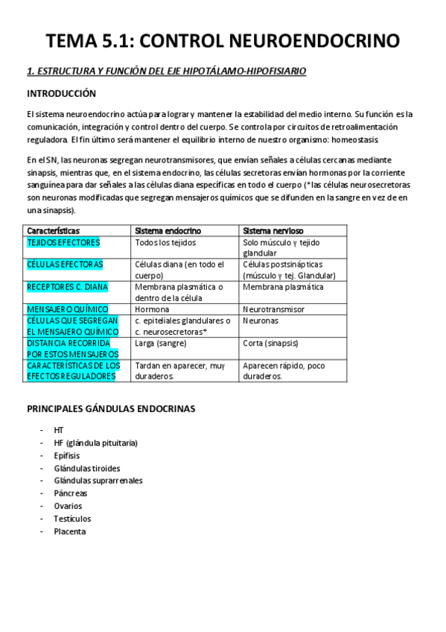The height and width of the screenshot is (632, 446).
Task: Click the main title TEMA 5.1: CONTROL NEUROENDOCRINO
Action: [x=223, y=40]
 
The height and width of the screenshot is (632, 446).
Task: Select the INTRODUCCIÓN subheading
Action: [x=62, y=94]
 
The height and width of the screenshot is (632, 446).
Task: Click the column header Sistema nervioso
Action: [x=273, y=231]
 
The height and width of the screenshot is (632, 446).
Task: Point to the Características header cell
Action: [x=54, y=231]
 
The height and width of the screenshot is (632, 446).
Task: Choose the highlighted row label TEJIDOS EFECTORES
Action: [x=63, y=243]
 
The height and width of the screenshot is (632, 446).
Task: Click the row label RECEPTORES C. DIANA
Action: [x=67, y=287]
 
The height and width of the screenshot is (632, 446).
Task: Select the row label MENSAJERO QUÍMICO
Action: [x=68, y=309]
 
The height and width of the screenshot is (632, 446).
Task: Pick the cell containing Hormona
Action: [x=152, y=309]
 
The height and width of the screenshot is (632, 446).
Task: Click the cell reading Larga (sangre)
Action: [x=161, y=343]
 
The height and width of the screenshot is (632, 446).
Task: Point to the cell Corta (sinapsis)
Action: [x=270, y=343]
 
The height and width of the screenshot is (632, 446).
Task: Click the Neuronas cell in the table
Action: [x=261, y=320]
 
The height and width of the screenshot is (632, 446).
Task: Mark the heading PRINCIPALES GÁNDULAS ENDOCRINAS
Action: [x=111, y=409]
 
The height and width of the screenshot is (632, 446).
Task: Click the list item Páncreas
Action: [x=70, y=493]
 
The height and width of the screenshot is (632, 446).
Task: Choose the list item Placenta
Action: [x=70, y=531]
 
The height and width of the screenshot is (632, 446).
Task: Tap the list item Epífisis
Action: [x=67, y=455]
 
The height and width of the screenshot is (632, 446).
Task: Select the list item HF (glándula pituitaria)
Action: [x=95, y=443]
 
